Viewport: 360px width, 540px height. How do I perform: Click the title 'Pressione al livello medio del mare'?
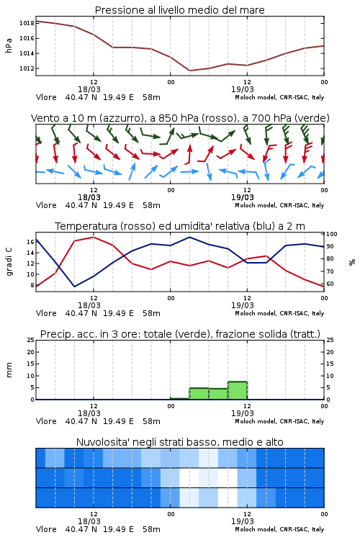click(x=179, y=10)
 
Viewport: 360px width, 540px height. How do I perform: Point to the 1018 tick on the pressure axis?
click(x=27, y=23)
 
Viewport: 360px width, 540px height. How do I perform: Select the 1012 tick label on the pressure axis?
click(x=27, y=68)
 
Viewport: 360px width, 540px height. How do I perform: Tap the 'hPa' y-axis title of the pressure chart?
click(x=9, y=45)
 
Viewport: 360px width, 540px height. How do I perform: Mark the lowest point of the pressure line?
click(x=189, y=71)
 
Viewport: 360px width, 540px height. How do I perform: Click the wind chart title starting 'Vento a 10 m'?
click(x=180, y=118)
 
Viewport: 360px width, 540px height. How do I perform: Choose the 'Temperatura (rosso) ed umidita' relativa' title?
click(x=180, y=226)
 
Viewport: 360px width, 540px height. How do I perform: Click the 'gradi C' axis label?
click(x=9, y=261)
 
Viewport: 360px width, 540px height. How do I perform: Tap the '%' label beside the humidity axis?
click(x=352, y=262)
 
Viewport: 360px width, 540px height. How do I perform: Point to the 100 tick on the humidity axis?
click(x=332, y=234)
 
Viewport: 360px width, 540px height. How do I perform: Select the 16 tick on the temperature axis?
click(x=30, y=242)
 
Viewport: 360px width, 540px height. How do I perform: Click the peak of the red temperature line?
click(x=94, y=237)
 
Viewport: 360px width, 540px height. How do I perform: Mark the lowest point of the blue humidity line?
click(x=74, y=287)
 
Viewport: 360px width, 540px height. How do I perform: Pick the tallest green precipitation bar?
click(x=238, y=390)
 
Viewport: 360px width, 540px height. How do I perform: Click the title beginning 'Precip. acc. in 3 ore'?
click(x=180, y=334)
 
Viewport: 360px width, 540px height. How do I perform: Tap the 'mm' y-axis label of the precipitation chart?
click(x=9, y=369)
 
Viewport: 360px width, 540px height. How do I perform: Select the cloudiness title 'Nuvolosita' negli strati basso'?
click(x=179, y=442)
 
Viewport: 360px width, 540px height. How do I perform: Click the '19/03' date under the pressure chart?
click(x=242, y=89)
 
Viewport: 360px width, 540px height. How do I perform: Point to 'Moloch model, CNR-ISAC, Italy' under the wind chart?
click(x=279, y=205)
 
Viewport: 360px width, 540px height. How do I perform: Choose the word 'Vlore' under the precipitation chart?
click(x=46, y=421)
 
